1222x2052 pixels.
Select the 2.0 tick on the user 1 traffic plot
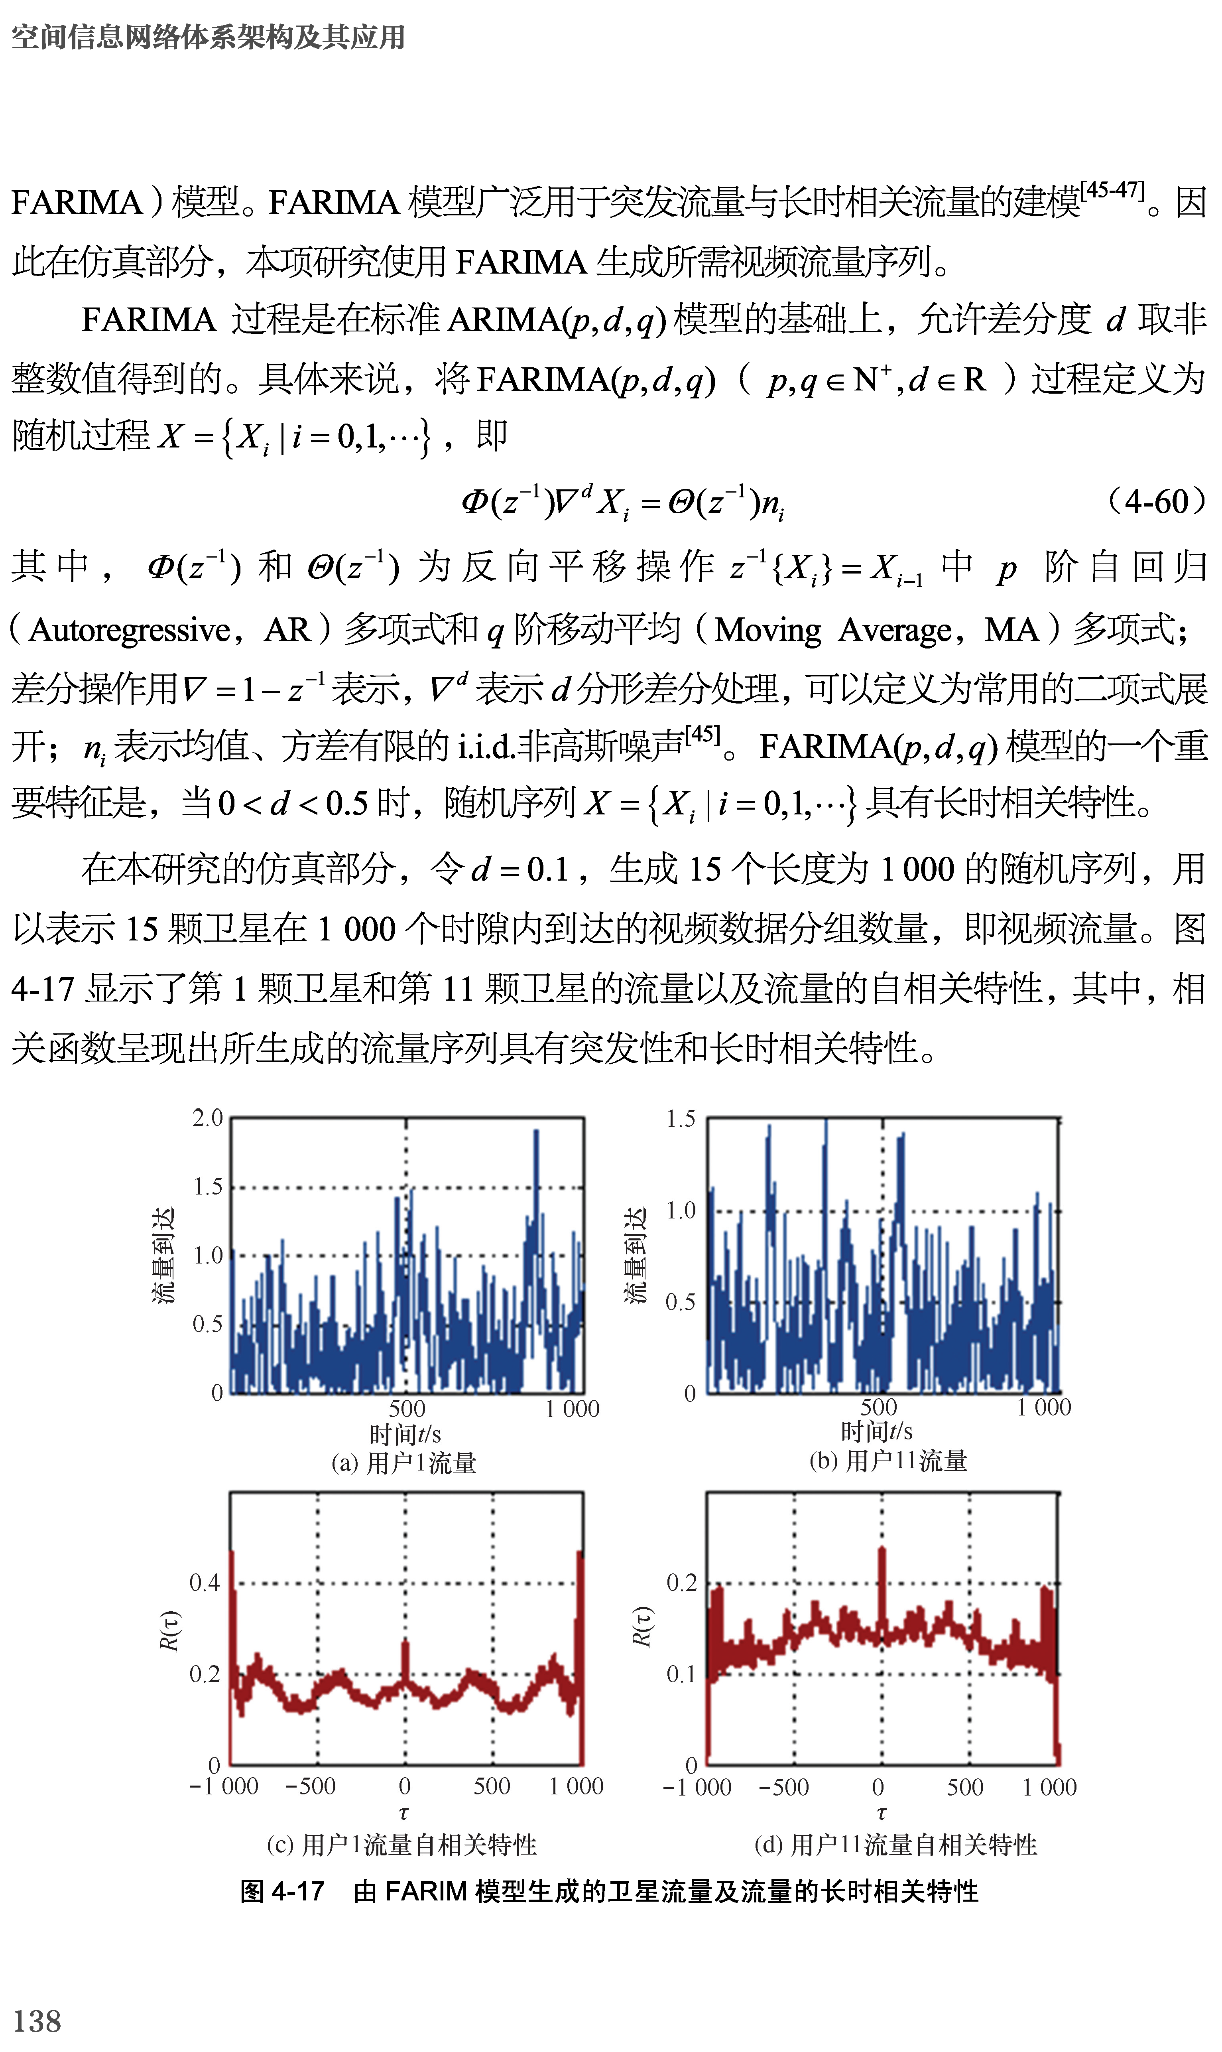(207, 1118)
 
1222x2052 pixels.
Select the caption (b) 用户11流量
(887, 1461)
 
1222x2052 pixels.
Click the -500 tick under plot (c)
(311, 1786)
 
